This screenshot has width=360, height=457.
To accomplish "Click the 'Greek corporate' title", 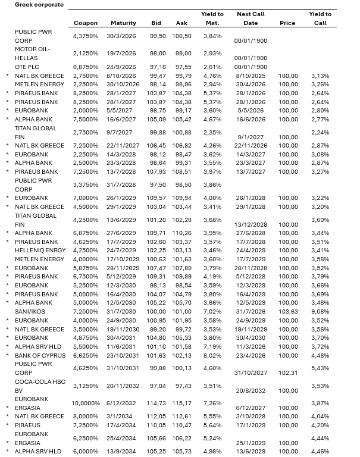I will click(x=39, y=4).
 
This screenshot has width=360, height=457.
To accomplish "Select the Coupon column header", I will click(x=85, y=23).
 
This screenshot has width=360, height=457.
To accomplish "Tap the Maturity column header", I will click(x=123, y=23).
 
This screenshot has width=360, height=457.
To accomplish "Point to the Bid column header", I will click(x=156, y=23).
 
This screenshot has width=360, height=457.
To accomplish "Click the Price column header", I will click(x=287, y=23).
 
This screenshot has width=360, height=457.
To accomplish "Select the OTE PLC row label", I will click(x=27, y=67).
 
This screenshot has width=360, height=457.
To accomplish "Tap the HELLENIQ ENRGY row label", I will click(x=40, y=250).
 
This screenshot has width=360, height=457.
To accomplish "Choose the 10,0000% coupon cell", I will click(x=85, y=403).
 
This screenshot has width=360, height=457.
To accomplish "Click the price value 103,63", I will click(x=289, y=312).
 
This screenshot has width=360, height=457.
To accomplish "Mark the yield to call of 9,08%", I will click(x=320, y=312).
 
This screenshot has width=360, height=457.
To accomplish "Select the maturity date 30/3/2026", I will click(x=123, y=36).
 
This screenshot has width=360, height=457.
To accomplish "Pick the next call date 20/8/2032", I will click(x=251, y=390).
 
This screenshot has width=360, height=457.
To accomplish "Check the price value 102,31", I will click(x=289, y=373).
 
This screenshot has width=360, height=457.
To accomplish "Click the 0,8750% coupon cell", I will click(x=85, y=67).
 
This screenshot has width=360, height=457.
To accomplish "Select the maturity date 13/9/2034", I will click(x=123, y=452).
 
